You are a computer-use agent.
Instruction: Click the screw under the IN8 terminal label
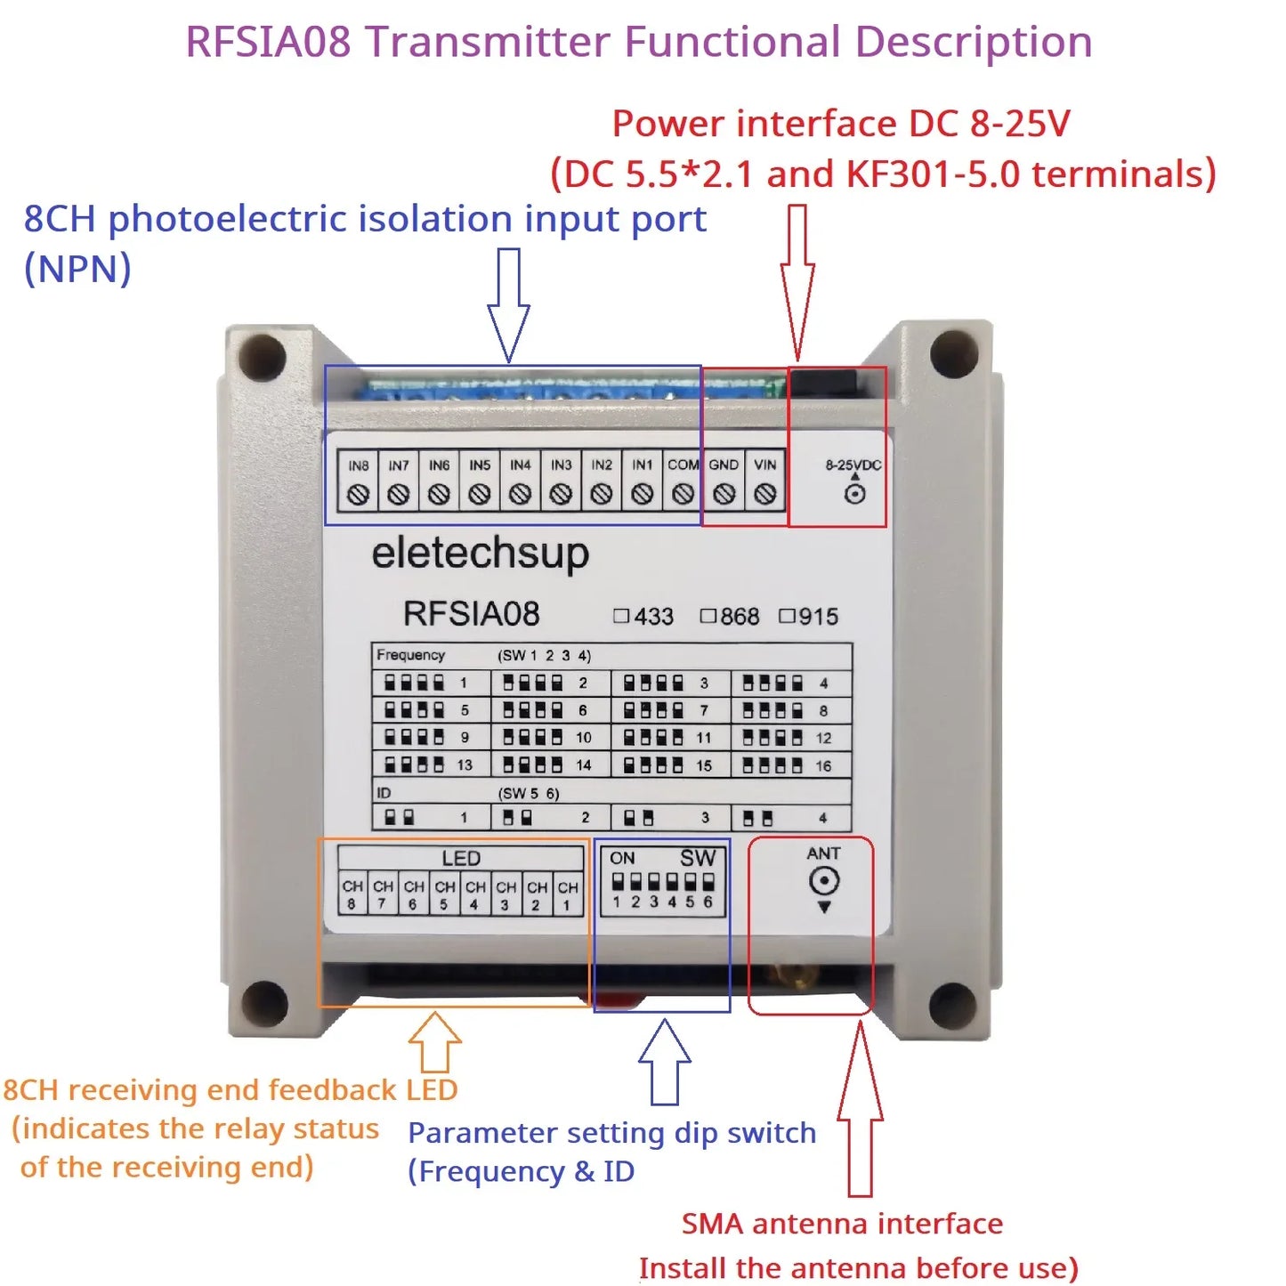point(358,494)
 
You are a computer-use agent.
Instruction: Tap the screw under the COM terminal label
point(683,494)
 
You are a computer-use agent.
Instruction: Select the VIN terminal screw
point(764,494)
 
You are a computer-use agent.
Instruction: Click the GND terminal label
point(724,465)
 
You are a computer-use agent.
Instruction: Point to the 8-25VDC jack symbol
point(854,493)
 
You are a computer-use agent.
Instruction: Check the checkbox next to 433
point(621,616)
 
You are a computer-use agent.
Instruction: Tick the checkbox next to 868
point(708,616)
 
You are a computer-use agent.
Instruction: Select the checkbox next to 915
point(787,616)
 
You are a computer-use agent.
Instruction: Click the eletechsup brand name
point(480,554)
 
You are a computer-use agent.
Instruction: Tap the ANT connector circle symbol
point(824,881)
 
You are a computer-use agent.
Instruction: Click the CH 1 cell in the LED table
point(568,894)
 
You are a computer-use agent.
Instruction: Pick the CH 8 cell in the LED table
point(352,894)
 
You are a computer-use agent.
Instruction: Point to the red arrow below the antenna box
point(860,1112)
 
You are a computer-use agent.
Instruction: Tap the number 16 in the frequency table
point(823,765)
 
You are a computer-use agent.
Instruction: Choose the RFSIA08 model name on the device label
point(471,614)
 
